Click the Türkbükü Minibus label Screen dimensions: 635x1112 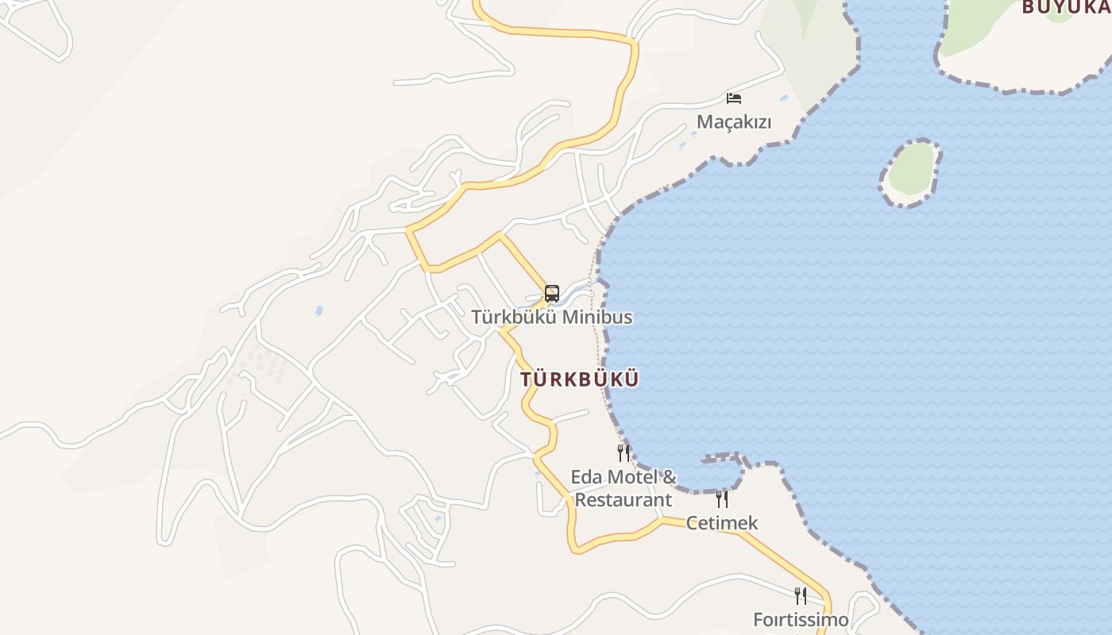pos(552,317)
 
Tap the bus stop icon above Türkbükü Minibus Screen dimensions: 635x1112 pos(552,293)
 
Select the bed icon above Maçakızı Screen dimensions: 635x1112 pos(734,98)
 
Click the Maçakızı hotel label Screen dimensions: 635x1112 pos(734,122)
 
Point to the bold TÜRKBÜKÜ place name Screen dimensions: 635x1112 pos(580,379)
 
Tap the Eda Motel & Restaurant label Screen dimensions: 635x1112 pos(624,488)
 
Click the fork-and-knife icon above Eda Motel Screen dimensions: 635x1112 pos(624,453)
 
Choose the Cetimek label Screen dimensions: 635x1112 pos(722,523)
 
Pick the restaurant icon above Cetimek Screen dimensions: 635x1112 pos(722,498)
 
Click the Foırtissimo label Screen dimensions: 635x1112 pos(801,619)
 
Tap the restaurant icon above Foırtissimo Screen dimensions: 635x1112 pos(801,595)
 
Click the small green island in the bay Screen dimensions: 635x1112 pos(911,170)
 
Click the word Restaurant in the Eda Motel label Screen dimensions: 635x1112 pos(624,500)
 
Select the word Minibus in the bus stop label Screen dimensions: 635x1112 pos(600,317)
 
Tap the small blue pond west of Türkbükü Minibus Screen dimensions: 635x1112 pos(319,310)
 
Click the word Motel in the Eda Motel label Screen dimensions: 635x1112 pos(631,477)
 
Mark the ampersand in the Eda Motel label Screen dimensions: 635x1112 pos(669,477)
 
